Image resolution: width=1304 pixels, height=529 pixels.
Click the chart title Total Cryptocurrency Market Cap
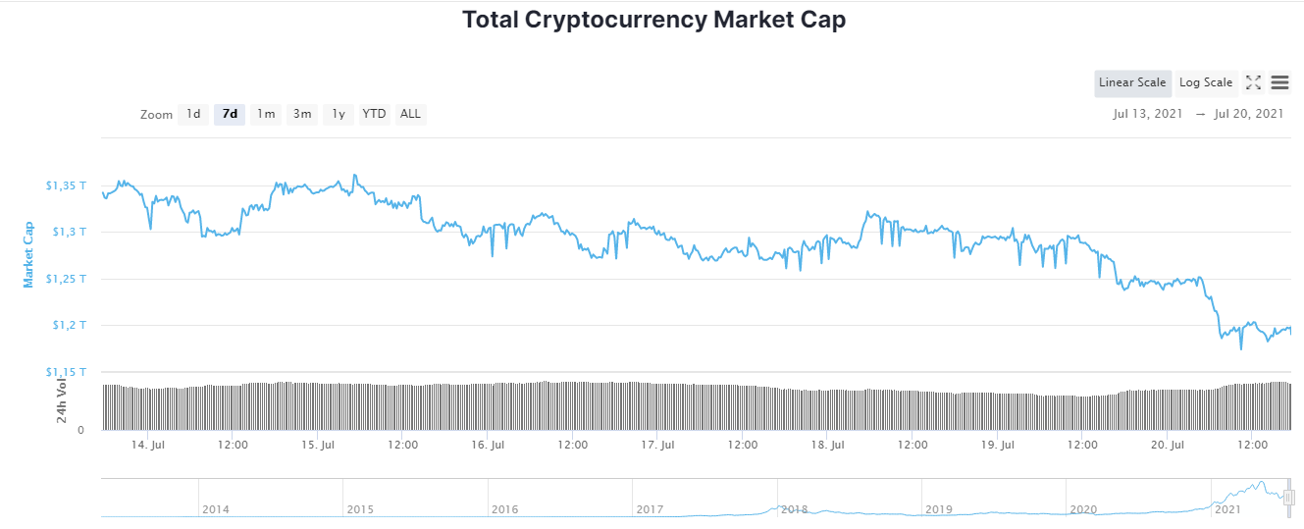pyautogui.click(x=653, y=20)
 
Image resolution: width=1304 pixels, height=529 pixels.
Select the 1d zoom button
pyautogui.click(x=193, y=114)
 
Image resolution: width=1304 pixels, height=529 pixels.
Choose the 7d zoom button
pyautogui.click(x=230, y=114)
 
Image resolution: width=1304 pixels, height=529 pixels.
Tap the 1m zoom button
pyautogui.click(x=265, y=114)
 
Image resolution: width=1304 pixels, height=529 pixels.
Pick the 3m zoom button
pyautogui.click(x=301, y=114)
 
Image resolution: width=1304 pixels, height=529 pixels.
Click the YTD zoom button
pyautogui.click(x=374, y=114)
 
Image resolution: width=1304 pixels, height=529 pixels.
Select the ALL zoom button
pyautogui.click(x=410, y=114)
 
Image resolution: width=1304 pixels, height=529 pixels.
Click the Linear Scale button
pyautogui.click(x=1132, y=82)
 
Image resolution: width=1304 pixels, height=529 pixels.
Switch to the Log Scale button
pyautogui.click(x=1206, y=82)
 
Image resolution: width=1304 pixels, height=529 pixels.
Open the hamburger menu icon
pyautogui.click(x=1279, y=82)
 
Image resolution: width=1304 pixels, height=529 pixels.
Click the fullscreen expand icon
pyautogui.click(x=1253, y=82)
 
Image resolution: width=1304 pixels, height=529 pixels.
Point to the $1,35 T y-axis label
pyautogui.click(x=65, y=185)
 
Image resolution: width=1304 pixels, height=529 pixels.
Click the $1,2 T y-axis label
pyautogui.click(x=68, y=325)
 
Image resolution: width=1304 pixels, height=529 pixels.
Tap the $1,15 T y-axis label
pyautogui.click(x=65, y=372)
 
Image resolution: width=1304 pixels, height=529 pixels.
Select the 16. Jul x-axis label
pyautogui.click(x=488, y=445)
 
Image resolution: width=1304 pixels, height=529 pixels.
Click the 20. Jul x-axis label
pyautogui.click(x=1167, y=445)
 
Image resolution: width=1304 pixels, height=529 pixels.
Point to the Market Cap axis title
pyautogui.click(x=29, y=254)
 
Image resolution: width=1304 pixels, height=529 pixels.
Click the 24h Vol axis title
pyautogui.click(x=62, y=400)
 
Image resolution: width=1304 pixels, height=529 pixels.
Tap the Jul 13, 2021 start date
pyautogui.click(x=1147, y=114)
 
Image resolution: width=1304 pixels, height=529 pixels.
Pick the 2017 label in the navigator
pyautogui.click(x=650, y=509)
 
